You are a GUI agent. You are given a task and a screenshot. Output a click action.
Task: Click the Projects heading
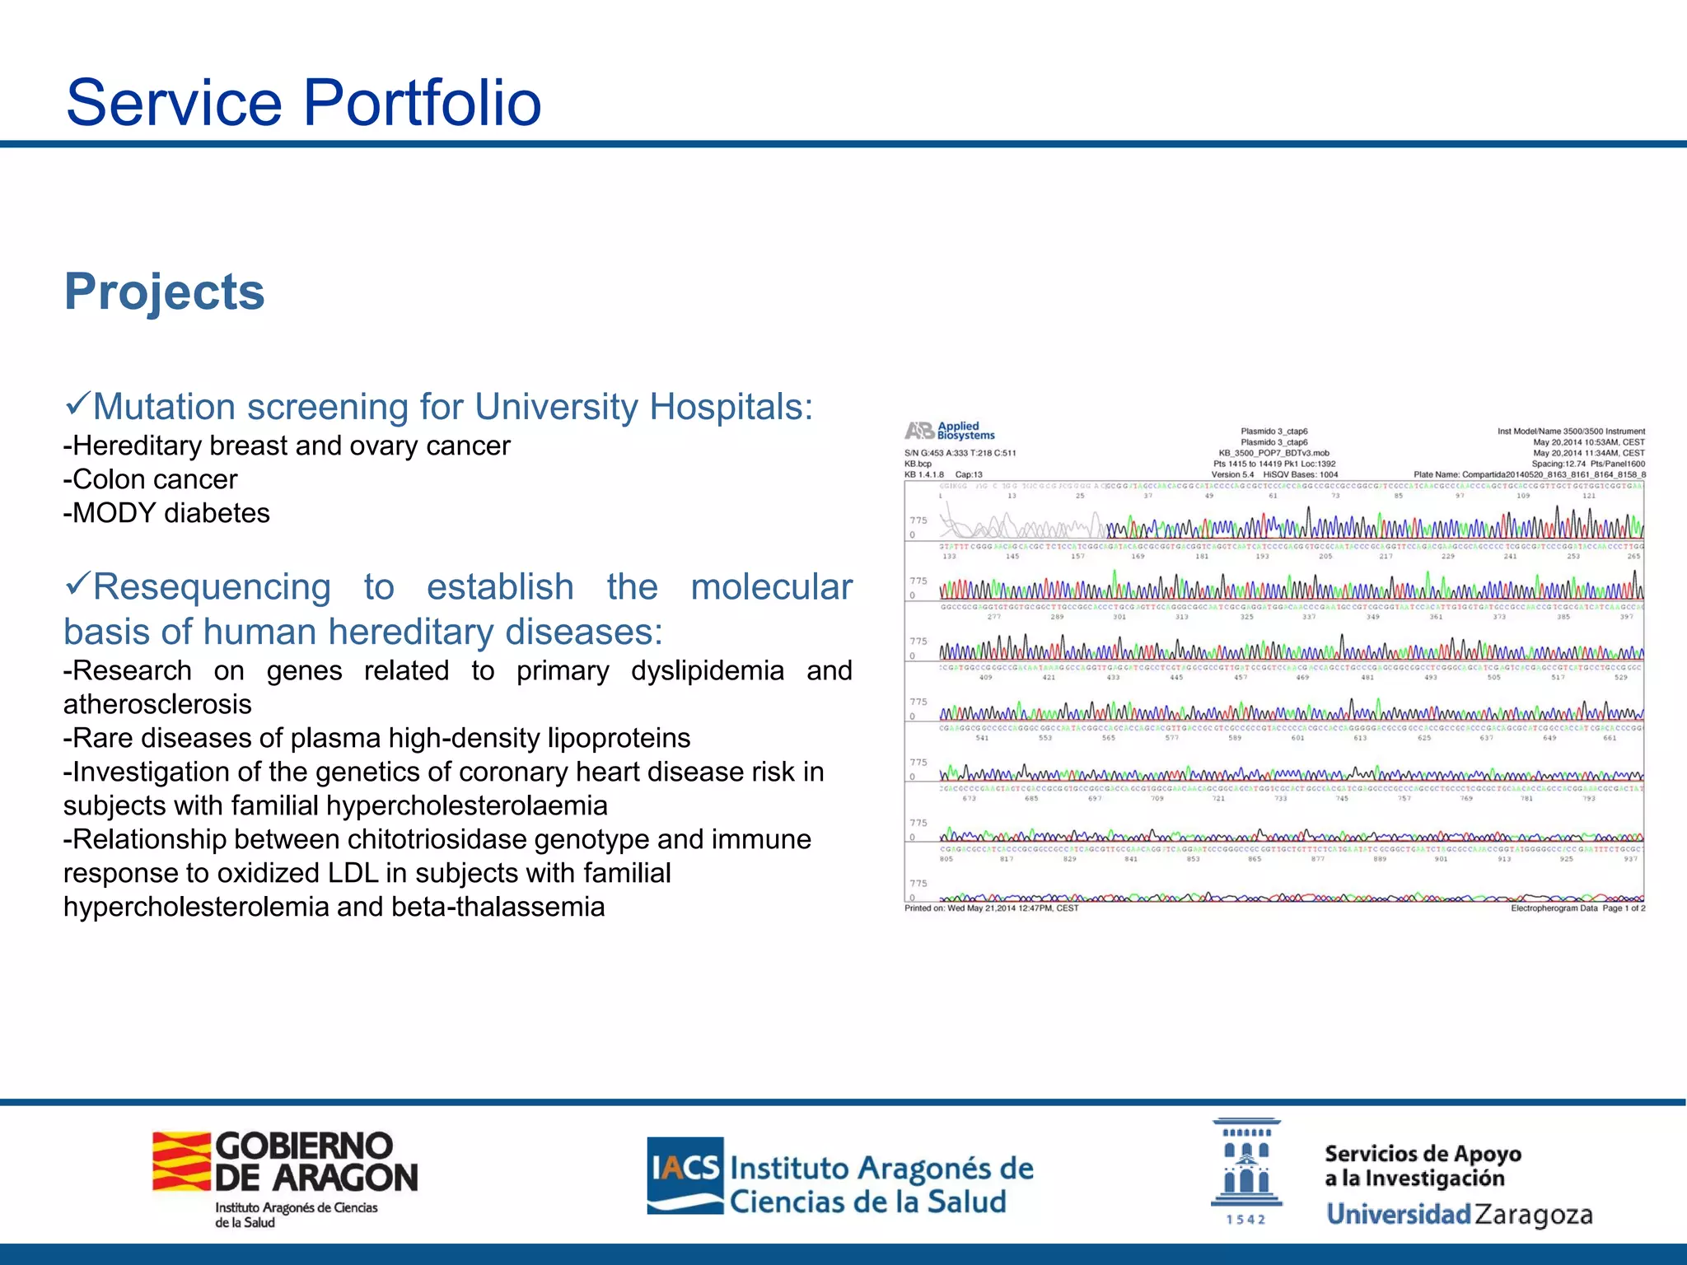[165, 292]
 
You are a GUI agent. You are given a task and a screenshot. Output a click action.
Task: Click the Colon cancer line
[151, 479]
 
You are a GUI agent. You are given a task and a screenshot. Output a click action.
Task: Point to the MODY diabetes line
[167, 513]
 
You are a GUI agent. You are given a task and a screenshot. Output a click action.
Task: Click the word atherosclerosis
[157, 704]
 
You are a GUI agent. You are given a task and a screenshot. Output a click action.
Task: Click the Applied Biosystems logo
[950, 431]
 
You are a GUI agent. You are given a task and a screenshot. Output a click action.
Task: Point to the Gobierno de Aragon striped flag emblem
[181, 1161]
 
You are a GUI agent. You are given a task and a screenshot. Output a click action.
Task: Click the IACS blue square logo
[685, 1174]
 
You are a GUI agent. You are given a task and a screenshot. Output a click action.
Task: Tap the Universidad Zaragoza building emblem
[1245, 1164]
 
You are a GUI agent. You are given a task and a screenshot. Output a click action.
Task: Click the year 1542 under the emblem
[1245, 1220]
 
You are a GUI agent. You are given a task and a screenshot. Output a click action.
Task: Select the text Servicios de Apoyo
[1423, 1153]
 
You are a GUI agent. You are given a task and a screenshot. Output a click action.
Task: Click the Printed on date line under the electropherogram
[991, 908]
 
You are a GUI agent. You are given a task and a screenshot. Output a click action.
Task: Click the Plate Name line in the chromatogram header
[1529, 474]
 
